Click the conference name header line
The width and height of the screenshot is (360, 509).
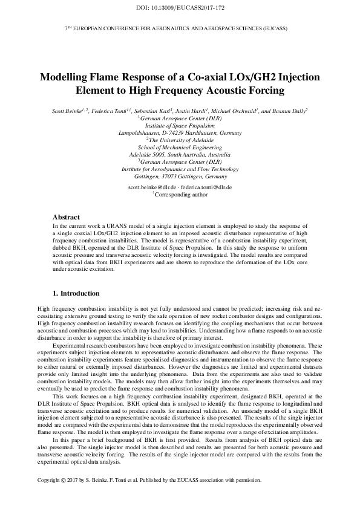180,28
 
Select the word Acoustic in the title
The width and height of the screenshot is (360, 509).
231,91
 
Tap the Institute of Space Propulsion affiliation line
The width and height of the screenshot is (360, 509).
180,126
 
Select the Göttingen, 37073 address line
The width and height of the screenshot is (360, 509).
180,177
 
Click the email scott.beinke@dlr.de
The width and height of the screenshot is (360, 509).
153,187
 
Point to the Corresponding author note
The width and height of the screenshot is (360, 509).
181,195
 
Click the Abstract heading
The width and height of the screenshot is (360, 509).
67,216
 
